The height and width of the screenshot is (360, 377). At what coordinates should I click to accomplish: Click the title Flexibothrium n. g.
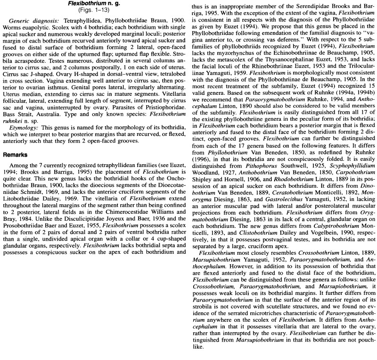click(95, 4)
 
